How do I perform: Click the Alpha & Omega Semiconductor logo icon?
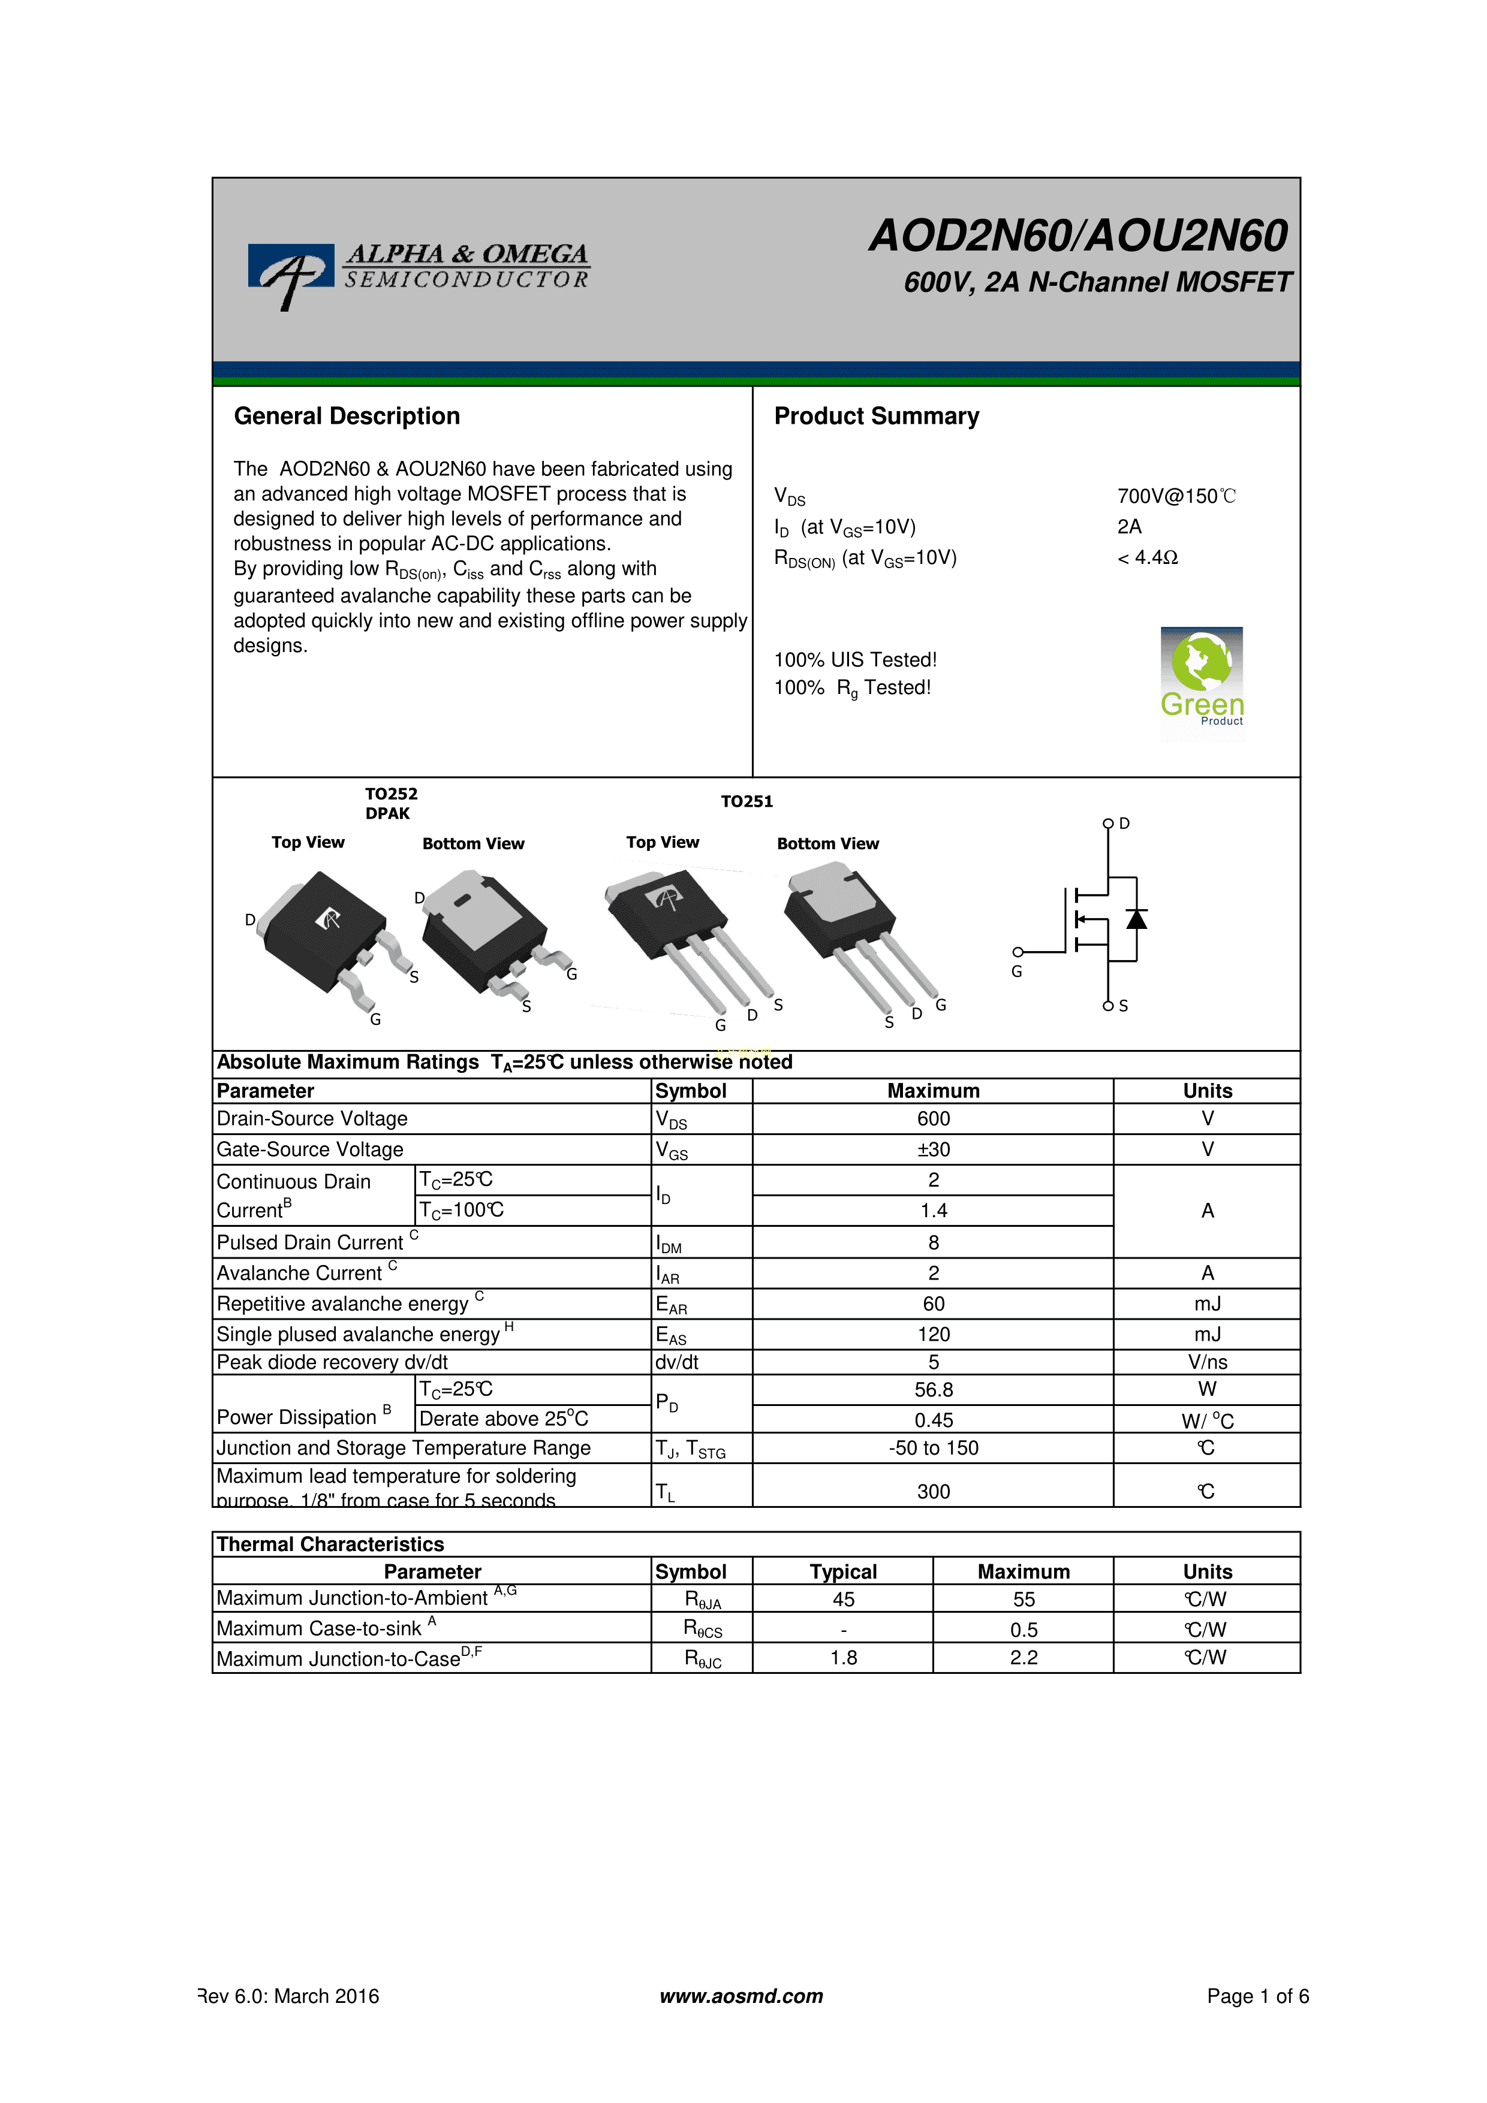(x=290, y=272)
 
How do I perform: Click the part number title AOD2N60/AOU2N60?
(x=1078, y=236)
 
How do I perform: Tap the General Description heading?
(x=347, y=417)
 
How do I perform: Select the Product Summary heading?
(x=876, y=417)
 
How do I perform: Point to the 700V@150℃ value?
(x=1175, y=496)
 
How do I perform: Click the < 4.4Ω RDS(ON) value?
(x=1147, y=558)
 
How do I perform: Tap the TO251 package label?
(x=746, y=801)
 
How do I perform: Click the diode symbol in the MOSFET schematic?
(x=1136, y=919)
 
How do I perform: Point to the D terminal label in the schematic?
(x=1124, y=823)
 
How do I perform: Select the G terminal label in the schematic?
(x=1016, y=972)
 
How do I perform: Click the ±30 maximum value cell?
(x=933, y=1149)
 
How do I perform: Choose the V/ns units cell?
(x=1206, y=1362)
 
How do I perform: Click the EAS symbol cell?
(x=671, y=1335)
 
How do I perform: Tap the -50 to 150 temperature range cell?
(x=933, y=1448)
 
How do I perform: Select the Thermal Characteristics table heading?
(x=330, y=1544)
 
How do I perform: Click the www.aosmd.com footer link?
(x=741, y=1996)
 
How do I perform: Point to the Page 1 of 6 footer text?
(x=1257, y=1996)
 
